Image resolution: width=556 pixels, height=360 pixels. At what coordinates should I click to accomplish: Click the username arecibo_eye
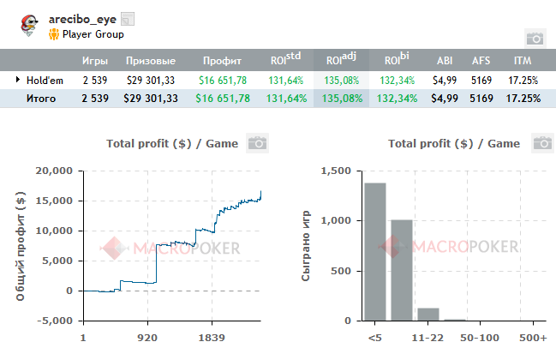pyautogui.click(x=82, y=19)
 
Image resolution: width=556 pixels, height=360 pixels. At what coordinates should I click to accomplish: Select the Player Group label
pyautogui.click(x=93, y=34)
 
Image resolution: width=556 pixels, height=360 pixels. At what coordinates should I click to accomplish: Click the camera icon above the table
pyautogui.click(x=534, y=38)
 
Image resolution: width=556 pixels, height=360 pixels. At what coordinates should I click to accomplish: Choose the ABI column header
pyautogui.click(x=445, y=62)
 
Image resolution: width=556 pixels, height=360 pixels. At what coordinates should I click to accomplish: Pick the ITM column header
pyautogui.click(x=522, y=62)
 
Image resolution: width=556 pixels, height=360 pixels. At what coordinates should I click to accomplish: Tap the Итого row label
pyautogui.click(x=40, y=99)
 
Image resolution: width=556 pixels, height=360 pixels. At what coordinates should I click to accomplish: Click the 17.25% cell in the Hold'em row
pyautogui.click(x=523, y=80)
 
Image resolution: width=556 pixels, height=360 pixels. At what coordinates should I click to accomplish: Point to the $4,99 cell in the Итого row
pyautogui.click(x=445, y=99)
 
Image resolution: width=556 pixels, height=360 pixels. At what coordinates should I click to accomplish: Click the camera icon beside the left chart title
pyautogui.click(x=256, y=143)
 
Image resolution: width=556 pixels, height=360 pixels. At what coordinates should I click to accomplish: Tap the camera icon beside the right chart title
pyautogui.click(x=541, y=143)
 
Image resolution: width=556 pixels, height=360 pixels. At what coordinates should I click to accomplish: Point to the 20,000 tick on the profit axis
pyautogui.click(x=54, y=171)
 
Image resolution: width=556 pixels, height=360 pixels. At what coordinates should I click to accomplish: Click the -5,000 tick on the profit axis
pyautogui.click(x=54, y=321)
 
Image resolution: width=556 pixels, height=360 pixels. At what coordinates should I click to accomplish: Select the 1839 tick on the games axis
pyautogui.click(x=212, y=338)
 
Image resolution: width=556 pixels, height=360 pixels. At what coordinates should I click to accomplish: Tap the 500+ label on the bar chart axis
pyautogui.click(x=532, y=338)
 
